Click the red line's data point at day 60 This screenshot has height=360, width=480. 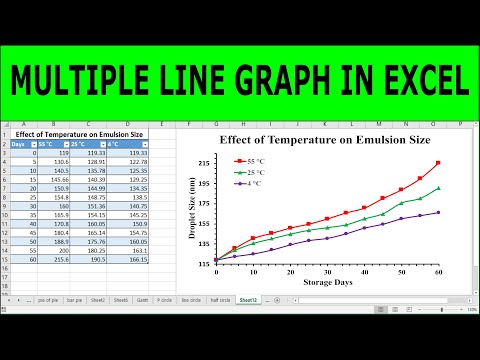438,163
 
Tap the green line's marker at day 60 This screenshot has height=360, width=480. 438,188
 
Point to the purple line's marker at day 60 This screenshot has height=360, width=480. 438,212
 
